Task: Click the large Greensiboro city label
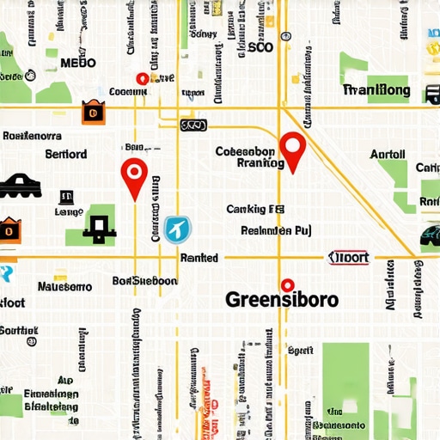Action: pyautogui.click(x=281, y=301)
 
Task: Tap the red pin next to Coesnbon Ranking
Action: pyautogui.click(x=294, y=150)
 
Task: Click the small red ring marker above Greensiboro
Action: pyautogui.click(x=287, y=284)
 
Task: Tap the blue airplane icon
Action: pyautogui.click(x=178, y=229)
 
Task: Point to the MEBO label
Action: pyautogui.click(x=79, y=63)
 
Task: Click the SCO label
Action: pyautogui.click(x=260, y=48)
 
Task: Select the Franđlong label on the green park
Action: pyautogui.click(x=376, y=90)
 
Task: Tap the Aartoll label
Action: pyautogui.click(x=387, y=155)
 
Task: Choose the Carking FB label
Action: pyautogui.click(x=255, y=209)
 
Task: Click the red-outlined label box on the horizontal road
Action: pyautogui.click(x=349, y=257)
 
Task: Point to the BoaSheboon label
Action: pyautogui.click(x=144, y=280)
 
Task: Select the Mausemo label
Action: pyautogui.click(x=64, y=286)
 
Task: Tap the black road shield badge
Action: pyautogui.click(x=193, y=125)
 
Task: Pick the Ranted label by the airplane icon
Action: pyautogui.click(x=199, y=257)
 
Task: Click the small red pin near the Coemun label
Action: pyautogui.click(x=142, y=78)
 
